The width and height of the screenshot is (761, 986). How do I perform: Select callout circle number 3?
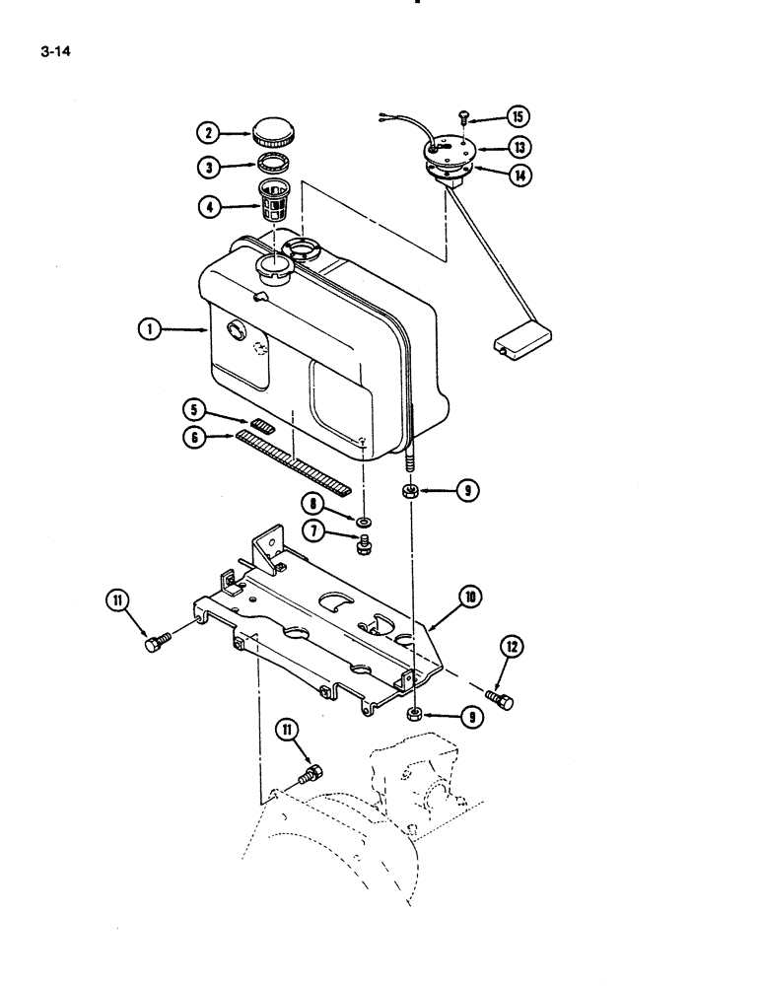click(208, 168)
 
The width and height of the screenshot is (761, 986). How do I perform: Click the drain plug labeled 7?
click(364, 541)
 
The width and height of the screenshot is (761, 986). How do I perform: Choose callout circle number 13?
click(518, 147)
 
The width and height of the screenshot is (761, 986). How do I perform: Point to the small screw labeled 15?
click(465, 118)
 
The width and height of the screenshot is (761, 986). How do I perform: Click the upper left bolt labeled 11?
click(156, 643)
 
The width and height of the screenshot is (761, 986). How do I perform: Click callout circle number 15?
click(517, 116)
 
